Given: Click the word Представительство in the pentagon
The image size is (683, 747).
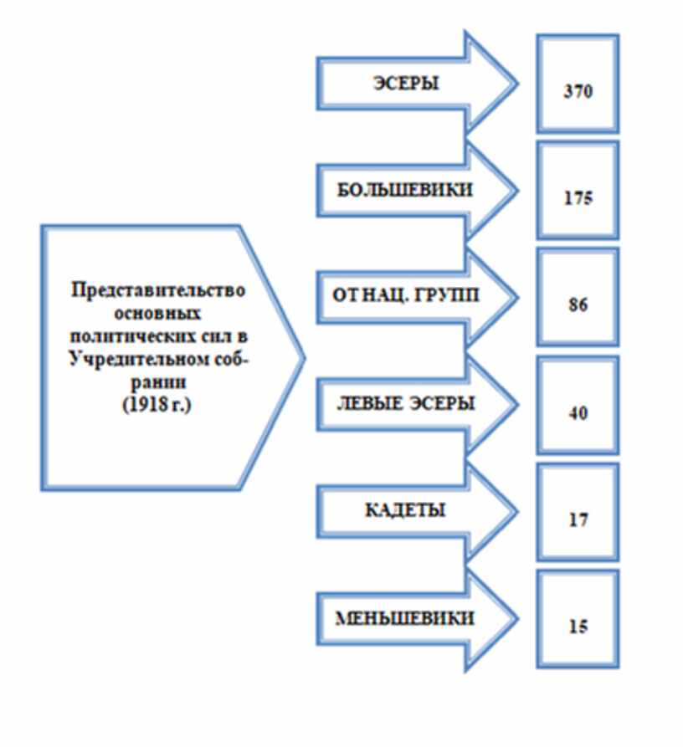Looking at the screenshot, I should (x=158, y=290).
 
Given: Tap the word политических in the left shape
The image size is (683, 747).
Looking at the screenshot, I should (x=138, y=337).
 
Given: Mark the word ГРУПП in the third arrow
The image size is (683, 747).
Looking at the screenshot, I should (x=453, y=299).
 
